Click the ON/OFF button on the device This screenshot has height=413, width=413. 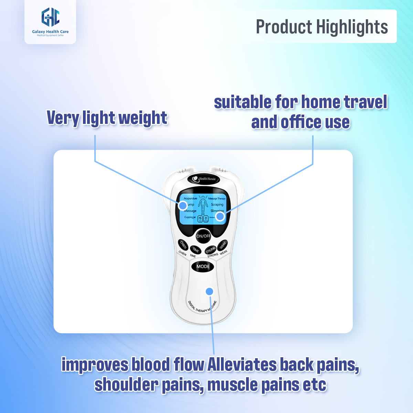[203, 236]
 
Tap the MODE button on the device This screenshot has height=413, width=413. [203, 266]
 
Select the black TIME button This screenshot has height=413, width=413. [195, 250]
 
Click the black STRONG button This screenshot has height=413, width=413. [210, 250]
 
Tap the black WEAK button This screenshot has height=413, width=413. [223, 245]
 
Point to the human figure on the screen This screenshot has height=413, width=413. [203, 205]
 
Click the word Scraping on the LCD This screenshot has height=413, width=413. [217, 204]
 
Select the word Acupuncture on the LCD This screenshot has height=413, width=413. [190, 199]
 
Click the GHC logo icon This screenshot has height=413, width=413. [50, 17]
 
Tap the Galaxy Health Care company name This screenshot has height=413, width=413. [50, 32]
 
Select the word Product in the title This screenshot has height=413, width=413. [284, 27]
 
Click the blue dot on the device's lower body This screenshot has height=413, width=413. [209, 292]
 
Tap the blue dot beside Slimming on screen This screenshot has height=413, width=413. [220, 216]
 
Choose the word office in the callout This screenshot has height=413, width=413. [301, 123]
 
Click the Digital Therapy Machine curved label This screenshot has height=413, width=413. [202, 307]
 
